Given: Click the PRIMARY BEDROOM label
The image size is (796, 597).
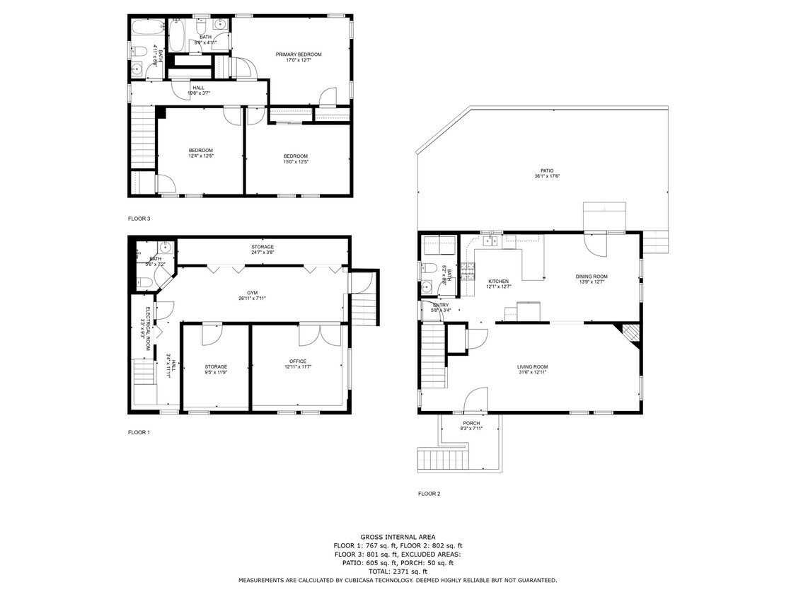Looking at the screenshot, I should (299, 54).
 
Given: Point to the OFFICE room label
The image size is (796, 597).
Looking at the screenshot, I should (298, 361).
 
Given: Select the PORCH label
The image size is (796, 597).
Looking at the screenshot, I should (471, 424).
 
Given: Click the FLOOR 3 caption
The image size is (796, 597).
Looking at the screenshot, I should (139, 219).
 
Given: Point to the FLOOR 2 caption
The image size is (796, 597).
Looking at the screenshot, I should (429, 494).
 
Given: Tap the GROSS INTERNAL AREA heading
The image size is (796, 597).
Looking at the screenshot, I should (398, 537).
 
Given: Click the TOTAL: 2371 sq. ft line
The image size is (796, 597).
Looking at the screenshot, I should (398, 572).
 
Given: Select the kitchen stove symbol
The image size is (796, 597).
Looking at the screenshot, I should (467, 269).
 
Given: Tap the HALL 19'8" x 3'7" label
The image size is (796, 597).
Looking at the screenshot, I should (198, 91).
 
